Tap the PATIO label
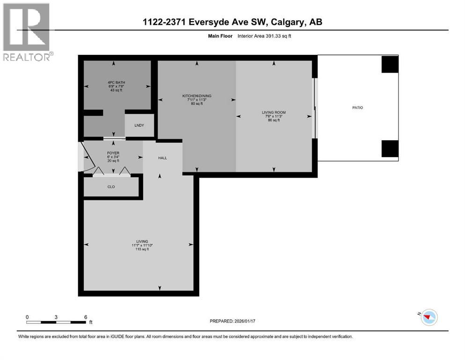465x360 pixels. click(x=357, y=108)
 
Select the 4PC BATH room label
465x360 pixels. click(x=116, y=82)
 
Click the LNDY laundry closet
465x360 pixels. click(x=139, y=125)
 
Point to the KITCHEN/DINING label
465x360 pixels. click(x=196, y=96)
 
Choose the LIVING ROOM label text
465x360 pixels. click(x=274, y=112)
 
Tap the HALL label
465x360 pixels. click(x=162, y=158)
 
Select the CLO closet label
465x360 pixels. click(x=111, y=187)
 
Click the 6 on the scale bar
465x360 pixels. click(x=85, y=317)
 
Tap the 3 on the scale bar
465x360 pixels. click(x=56, y=317)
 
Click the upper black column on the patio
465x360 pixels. click(x=390, y=64)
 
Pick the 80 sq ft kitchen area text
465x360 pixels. click(x=196, y=104)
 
